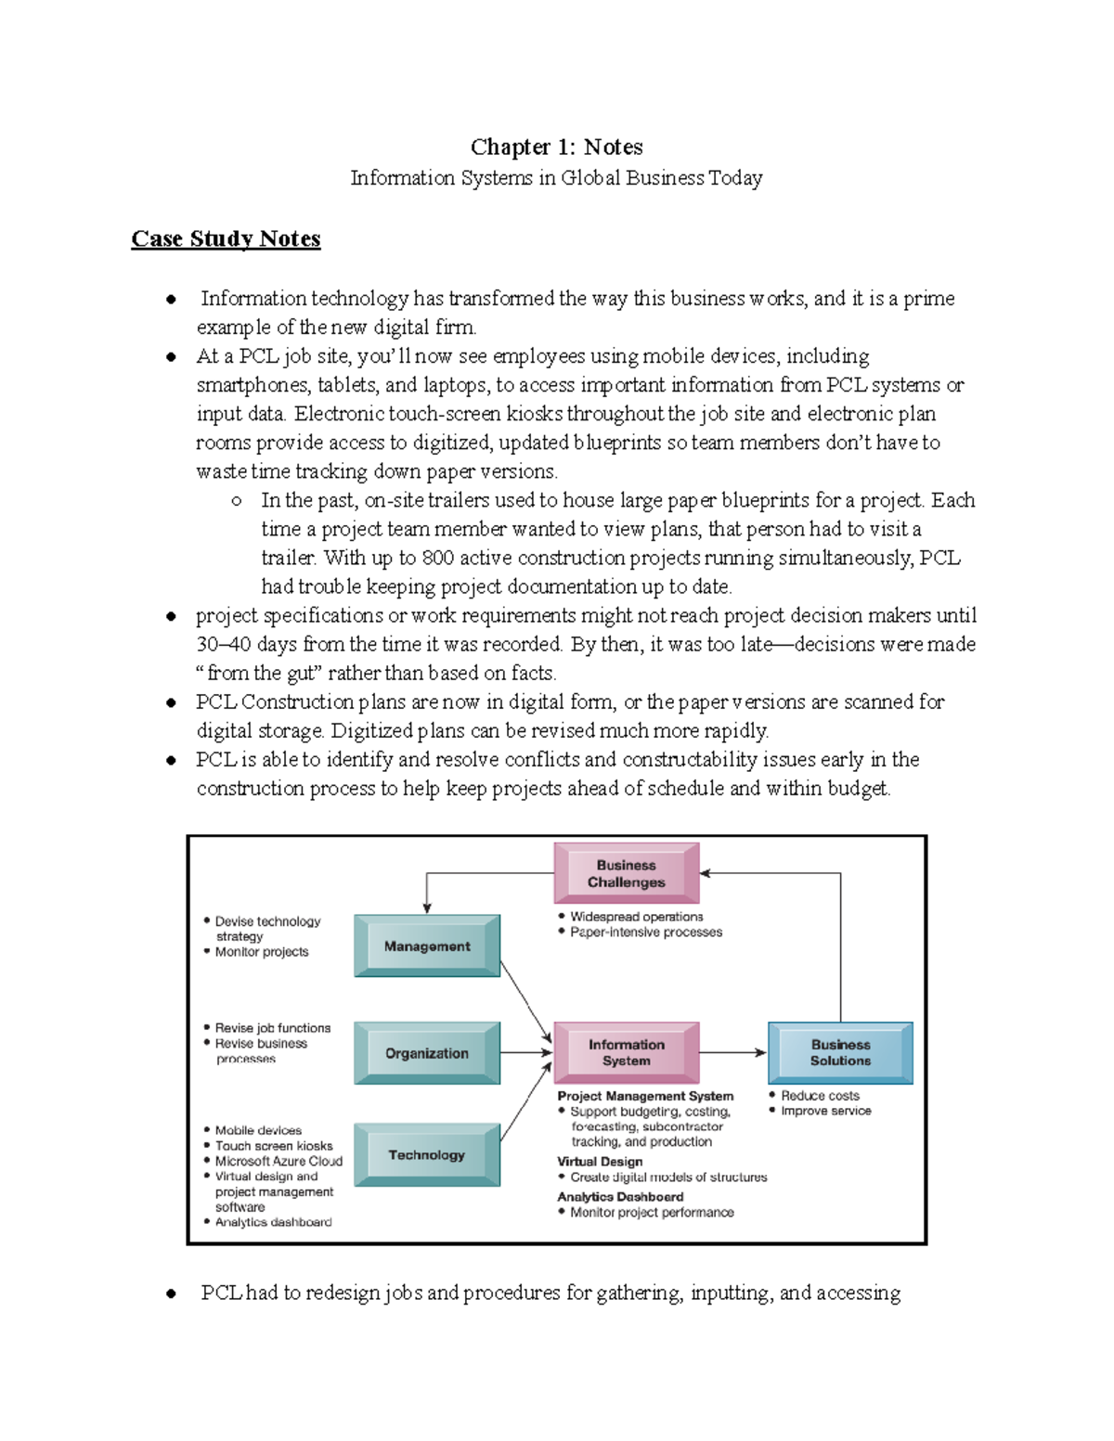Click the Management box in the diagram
[x=427, y=946]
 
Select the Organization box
[x=427, y=1053]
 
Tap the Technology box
[x=427, y=1155]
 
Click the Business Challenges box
[x=626, y=873]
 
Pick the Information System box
[x=626, y=1052]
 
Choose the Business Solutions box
[x=840, y=1052]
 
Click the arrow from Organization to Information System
[x=526, y=1053]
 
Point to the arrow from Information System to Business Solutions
[x=733, y=1053]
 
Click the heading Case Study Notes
[x=226, y=238]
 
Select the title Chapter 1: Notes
[x=556, y=147]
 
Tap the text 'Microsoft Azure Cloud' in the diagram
[x=278, y=1161]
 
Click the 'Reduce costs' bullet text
[x=820, y=1096]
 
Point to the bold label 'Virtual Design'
[x=600, y=1162]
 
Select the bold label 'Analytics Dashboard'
[x=620, y=1197]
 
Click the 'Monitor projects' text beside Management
[x=262, y=952]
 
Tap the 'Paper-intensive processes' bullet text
[x=646, y=933]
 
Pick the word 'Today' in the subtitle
[x=735, y=178]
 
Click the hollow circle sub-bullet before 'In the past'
[x=237, y=501]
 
